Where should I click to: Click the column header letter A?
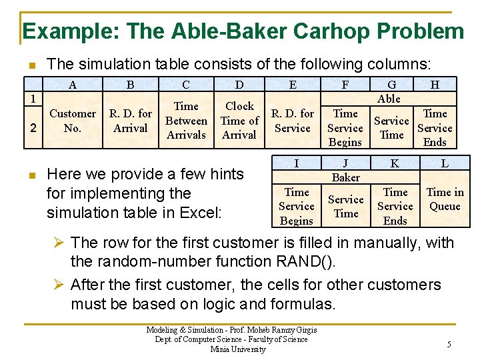point(72,85)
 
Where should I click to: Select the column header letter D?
point(239,85)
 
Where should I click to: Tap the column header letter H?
point(435,85)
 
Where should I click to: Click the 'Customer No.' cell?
point(73,121)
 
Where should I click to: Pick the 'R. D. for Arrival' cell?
point(131,121)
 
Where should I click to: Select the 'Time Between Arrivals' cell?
point(186,121)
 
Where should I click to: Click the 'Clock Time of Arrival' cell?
point(239,121)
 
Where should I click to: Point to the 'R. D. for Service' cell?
point(293,121)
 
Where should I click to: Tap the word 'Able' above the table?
point(389,99)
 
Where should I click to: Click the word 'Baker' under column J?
point(346,177)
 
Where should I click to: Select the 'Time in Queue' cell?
point(445,199)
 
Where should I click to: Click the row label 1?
point(32,98)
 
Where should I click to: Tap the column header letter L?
point(445,163)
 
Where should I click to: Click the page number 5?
point(449,345)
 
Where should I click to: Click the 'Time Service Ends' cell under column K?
point(395,206)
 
